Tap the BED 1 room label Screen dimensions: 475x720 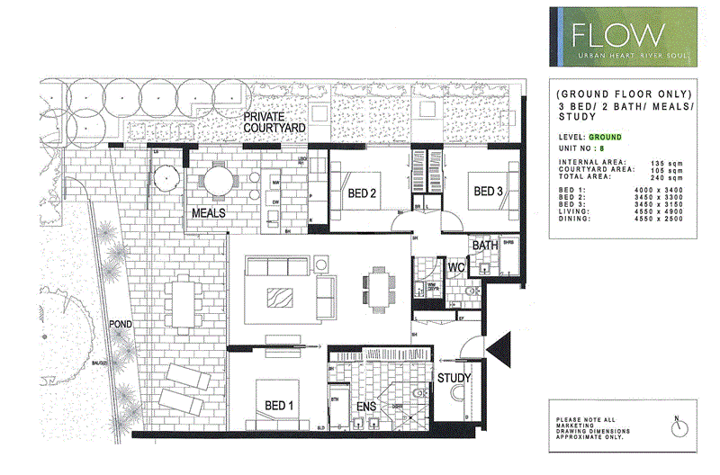click(x=278, y=406)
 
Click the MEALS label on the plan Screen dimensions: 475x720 click(x=208, y=214)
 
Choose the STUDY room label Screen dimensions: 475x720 click(x=454, y=379)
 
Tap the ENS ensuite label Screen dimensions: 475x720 click(x=366, y=408)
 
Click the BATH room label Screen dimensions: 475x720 click(x=484, y=245)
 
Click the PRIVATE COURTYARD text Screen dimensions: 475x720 click(x=276, y=123)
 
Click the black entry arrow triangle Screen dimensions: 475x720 click(x=498, y=346)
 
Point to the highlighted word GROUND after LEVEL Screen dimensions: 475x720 click(x=606, y=137)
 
